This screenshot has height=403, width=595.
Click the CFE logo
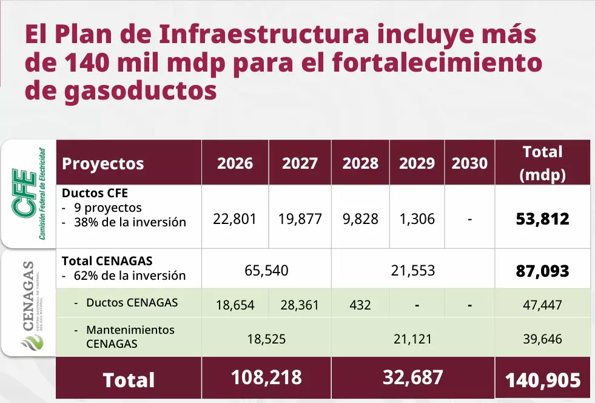pyautogui.click(x=29, y=194)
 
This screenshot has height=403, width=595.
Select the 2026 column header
pyautogui.click(x=235, y=163)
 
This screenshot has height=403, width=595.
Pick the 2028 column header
pyautogui.click(x=360, y=163)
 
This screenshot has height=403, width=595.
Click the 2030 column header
pyautogui.click(x=469, y=163)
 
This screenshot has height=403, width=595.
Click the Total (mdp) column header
pyautogui.click(x=543, y=163)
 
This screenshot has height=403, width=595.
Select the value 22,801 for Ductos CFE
pyautogui.click(x=235, y=219)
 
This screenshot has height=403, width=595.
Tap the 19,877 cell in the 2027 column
pyautogui.click(x=300, y=219)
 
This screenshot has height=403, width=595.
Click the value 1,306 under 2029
pyautogui.click(x=417, y=219)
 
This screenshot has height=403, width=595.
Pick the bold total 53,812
pyautogui.click(x=543, y=219)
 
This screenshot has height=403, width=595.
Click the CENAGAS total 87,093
pyautogui.click(x=543, y=271)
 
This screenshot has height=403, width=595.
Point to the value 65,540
pyautogui.click(x=266, y=271)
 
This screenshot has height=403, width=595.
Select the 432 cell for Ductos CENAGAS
pyautogui.click(x=360, y=305)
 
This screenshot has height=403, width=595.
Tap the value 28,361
pyautogui.click(x=300, y=305)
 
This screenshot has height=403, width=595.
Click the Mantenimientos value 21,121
pyautogui.click(x=412, y=339)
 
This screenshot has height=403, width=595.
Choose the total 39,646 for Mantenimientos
pyautogui.click(x=543, y=339)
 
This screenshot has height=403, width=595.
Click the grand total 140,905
pyautogui.click(x=543, y=380)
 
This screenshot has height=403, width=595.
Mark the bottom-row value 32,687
pyautogui.click(x=413, y=377)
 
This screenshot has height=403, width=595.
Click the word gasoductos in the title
pyautogui.click(x=140, y=91)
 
